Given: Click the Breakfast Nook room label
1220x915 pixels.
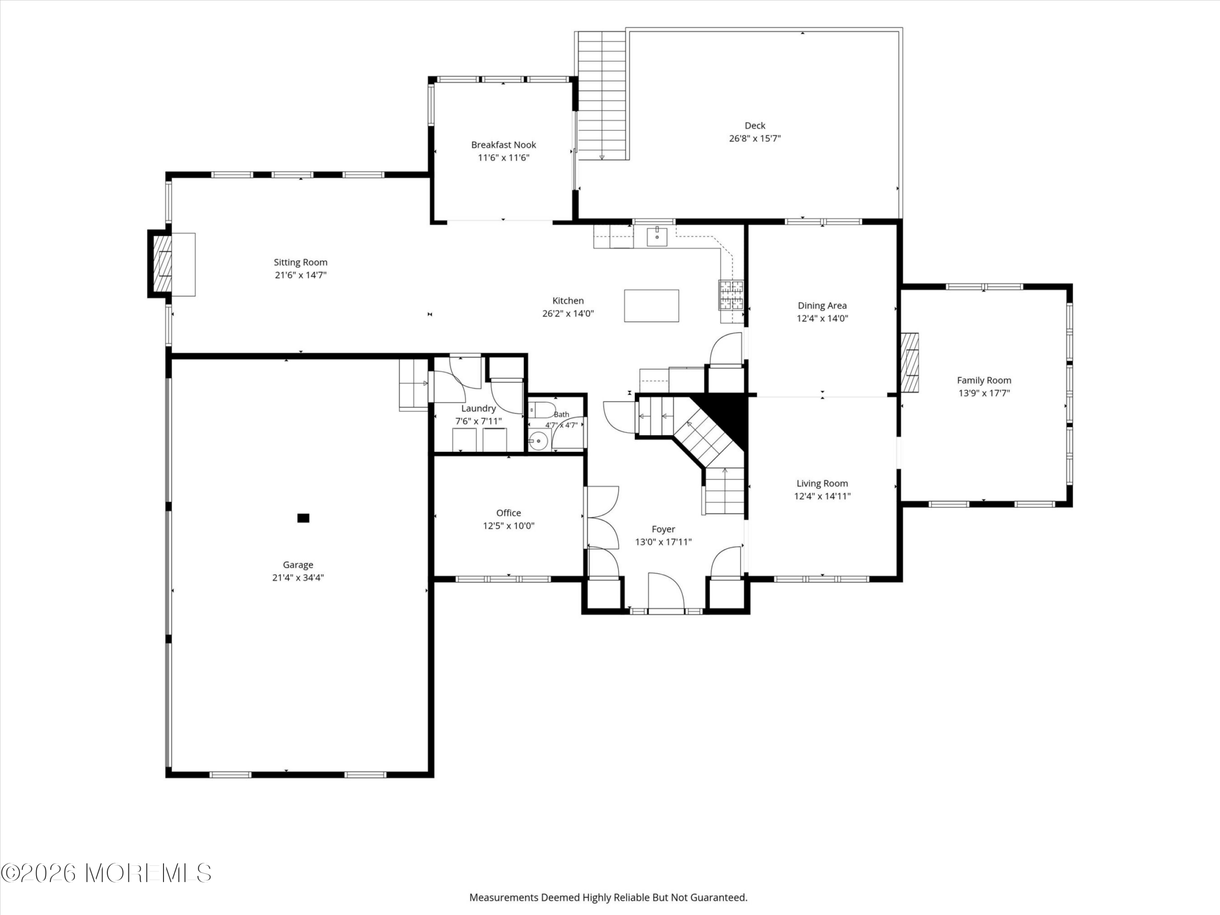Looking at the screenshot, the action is [504, 144].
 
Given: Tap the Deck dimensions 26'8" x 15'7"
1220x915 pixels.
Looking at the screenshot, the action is [754, 138].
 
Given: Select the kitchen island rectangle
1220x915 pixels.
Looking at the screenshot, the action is [651, 305].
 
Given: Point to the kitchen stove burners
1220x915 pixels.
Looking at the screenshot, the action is [731, 295].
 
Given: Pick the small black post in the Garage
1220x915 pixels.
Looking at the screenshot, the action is [304, 518].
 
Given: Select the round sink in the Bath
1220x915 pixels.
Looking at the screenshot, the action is [537, 441].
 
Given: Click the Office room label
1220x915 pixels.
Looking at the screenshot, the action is [508, 513].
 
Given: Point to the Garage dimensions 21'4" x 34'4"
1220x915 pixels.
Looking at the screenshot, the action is [298, 578].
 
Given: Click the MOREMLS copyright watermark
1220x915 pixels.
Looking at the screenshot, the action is [106, 873].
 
